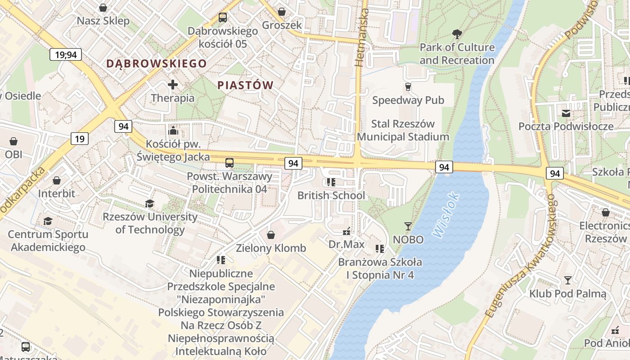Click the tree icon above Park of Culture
(x=457, y=34)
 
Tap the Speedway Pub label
(x=408, y=100)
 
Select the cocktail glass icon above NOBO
(x=408, y=226)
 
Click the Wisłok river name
(x=446, y=215)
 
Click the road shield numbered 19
(x=79, y=139)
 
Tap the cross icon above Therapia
(x=173, y=85)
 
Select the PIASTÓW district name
(x=245, y=85)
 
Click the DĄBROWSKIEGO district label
(x=156, y=63)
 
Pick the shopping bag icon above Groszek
(x=282, y=12)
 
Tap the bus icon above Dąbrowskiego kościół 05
(x=223, y=18)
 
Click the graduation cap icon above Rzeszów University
(x=150, y=204)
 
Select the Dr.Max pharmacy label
(x=346, y=244)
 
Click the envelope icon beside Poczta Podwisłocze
(x=566, y=113)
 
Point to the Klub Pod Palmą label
(x=567, y=294)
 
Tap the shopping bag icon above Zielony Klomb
(x=271, y=235)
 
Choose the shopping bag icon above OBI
(x=13, y=141)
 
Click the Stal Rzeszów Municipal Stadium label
(x=403, y=130)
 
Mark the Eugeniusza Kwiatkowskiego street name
(x=520, y=256)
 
